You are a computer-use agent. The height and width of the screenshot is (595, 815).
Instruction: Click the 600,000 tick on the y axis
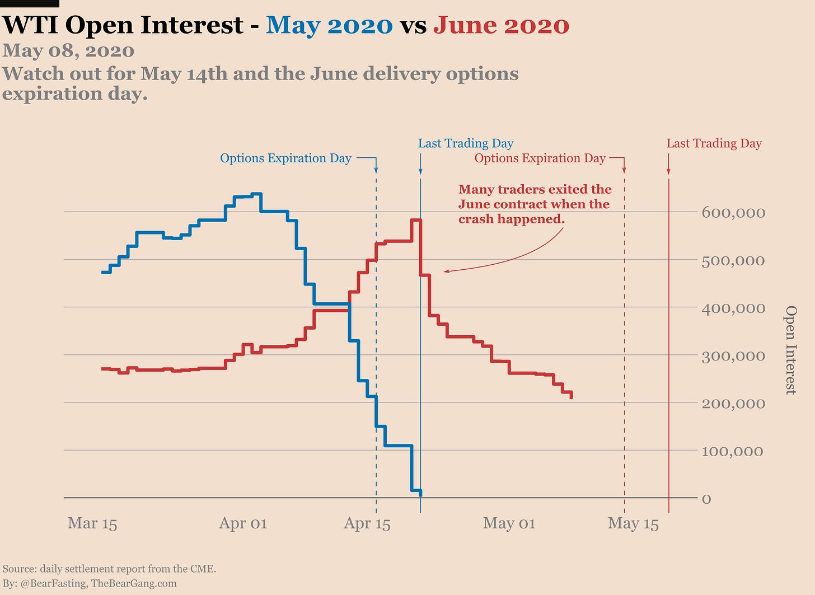tap(733, 213)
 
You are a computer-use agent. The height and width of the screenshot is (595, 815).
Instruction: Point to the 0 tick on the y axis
tap(706, 499)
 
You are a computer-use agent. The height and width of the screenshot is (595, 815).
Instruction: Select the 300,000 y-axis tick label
tap(733, 356)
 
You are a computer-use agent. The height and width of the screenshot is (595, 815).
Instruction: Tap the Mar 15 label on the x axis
tap(92, 523)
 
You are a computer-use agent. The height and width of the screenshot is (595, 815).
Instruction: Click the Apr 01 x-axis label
tap(243, 523)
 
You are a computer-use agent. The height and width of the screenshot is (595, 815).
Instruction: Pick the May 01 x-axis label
tap(509, 523)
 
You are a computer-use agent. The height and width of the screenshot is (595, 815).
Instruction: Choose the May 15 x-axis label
tap(633, 523)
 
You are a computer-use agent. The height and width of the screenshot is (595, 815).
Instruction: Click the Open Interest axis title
tap(790, 350)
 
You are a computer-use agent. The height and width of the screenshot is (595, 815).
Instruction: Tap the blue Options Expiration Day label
tap(285, 158)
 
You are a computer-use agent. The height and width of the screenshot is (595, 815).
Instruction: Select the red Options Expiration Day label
tap(540, 158)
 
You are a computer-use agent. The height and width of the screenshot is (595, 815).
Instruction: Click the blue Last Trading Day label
tap(466, 144)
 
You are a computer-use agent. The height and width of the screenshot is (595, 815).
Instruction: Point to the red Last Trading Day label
tap(714, 144)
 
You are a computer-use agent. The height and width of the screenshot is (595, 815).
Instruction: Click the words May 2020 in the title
tap(329, 25)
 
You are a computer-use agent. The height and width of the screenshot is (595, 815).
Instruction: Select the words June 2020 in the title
tap(501, 25)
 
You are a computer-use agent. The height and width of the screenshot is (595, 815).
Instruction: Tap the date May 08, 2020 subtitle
tap(68, 51)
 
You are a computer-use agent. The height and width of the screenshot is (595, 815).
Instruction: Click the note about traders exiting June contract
tap(535, 204)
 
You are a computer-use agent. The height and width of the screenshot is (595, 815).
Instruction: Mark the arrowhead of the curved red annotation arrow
tap(446, 271)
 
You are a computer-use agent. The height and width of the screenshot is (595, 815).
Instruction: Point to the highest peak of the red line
tap(416, 220)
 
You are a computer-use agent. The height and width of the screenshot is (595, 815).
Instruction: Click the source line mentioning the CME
tap(109, 569)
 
